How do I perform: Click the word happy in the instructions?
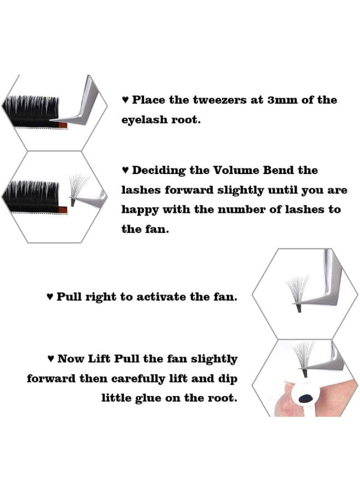(x=139, y=209)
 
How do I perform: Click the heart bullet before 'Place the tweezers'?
(x=125, y=100)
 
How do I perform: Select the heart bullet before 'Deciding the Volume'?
(x=125, y=171)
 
